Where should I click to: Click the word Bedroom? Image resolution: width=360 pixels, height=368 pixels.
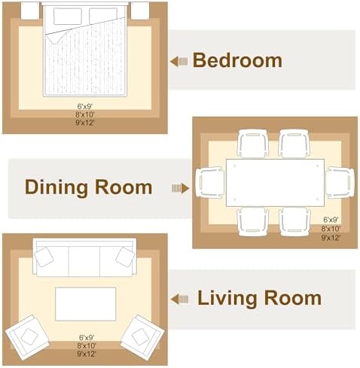pos(237,60)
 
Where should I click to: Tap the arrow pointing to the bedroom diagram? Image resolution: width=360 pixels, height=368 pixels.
pos(178,61)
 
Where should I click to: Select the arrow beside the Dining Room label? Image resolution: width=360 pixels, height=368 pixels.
pos(180,188)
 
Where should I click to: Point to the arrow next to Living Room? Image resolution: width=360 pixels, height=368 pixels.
pos(179,299)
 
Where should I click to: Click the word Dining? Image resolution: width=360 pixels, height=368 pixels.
pos(56,187)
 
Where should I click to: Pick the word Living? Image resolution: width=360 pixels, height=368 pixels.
pos(227,299)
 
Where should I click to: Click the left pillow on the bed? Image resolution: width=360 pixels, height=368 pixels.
pos(68,17)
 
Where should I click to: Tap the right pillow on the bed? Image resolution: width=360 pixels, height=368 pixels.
pos(103,17)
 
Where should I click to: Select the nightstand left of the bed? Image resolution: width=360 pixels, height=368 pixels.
pos(30,11)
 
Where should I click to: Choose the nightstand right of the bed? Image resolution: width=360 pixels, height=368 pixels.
pos(140,11)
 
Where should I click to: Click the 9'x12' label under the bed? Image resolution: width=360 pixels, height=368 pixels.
pos(85,123)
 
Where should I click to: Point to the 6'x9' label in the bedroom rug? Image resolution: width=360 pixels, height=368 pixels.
pos(85,106)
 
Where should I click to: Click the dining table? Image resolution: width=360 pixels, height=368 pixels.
pos(275,183)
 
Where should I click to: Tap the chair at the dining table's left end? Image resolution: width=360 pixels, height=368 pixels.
pos(210,183)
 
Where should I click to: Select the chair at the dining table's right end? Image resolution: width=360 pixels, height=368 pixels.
pos(340,183)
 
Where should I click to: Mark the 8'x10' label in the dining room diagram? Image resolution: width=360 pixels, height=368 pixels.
pos(331,229)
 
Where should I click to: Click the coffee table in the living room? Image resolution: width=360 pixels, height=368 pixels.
pos(86,304)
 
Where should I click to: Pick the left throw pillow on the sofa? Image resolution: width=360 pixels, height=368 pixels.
pos(44,257)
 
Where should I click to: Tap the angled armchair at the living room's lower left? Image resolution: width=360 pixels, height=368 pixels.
pos(27,337)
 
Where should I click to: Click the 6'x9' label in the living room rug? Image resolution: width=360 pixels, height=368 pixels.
pos(87,337)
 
